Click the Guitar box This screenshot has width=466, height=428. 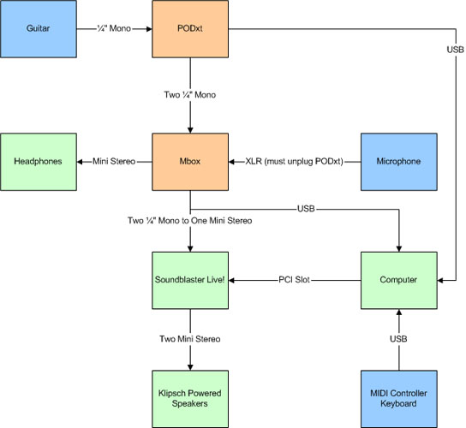39,29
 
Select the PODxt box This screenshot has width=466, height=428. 190,29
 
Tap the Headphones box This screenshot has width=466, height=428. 39,162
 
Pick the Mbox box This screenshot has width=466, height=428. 190,162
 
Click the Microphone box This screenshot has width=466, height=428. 399,162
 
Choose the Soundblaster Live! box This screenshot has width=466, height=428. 190,281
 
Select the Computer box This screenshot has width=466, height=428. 399,281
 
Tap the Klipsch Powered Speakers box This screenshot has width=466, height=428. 190,399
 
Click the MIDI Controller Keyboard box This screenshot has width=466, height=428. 399,399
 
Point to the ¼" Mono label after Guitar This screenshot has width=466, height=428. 114,28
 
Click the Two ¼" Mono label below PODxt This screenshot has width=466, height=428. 190,95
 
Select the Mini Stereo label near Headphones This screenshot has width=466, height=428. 114,161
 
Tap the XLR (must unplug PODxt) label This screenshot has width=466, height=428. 294,161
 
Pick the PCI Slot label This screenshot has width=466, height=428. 294,280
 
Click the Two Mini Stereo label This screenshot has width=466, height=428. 190,339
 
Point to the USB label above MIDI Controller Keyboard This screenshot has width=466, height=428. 398,339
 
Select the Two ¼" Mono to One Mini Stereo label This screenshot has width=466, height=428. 190,221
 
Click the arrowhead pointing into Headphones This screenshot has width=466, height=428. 80,162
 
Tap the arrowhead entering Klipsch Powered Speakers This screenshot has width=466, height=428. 190,367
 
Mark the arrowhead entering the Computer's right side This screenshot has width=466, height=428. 440,281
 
